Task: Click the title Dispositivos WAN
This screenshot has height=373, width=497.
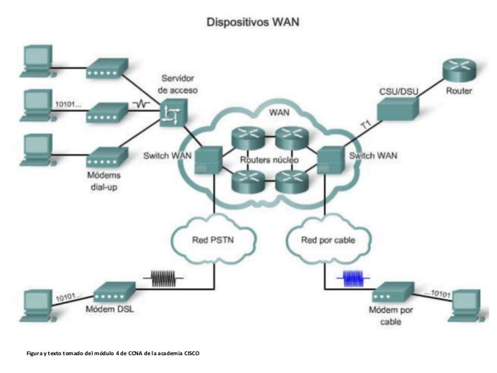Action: click(257, 22)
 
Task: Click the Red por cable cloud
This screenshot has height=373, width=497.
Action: click(328, 240)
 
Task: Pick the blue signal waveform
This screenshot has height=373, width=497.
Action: click(354, 279)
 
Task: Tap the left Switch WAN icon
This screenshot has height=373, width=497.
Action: click(207, 161)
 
